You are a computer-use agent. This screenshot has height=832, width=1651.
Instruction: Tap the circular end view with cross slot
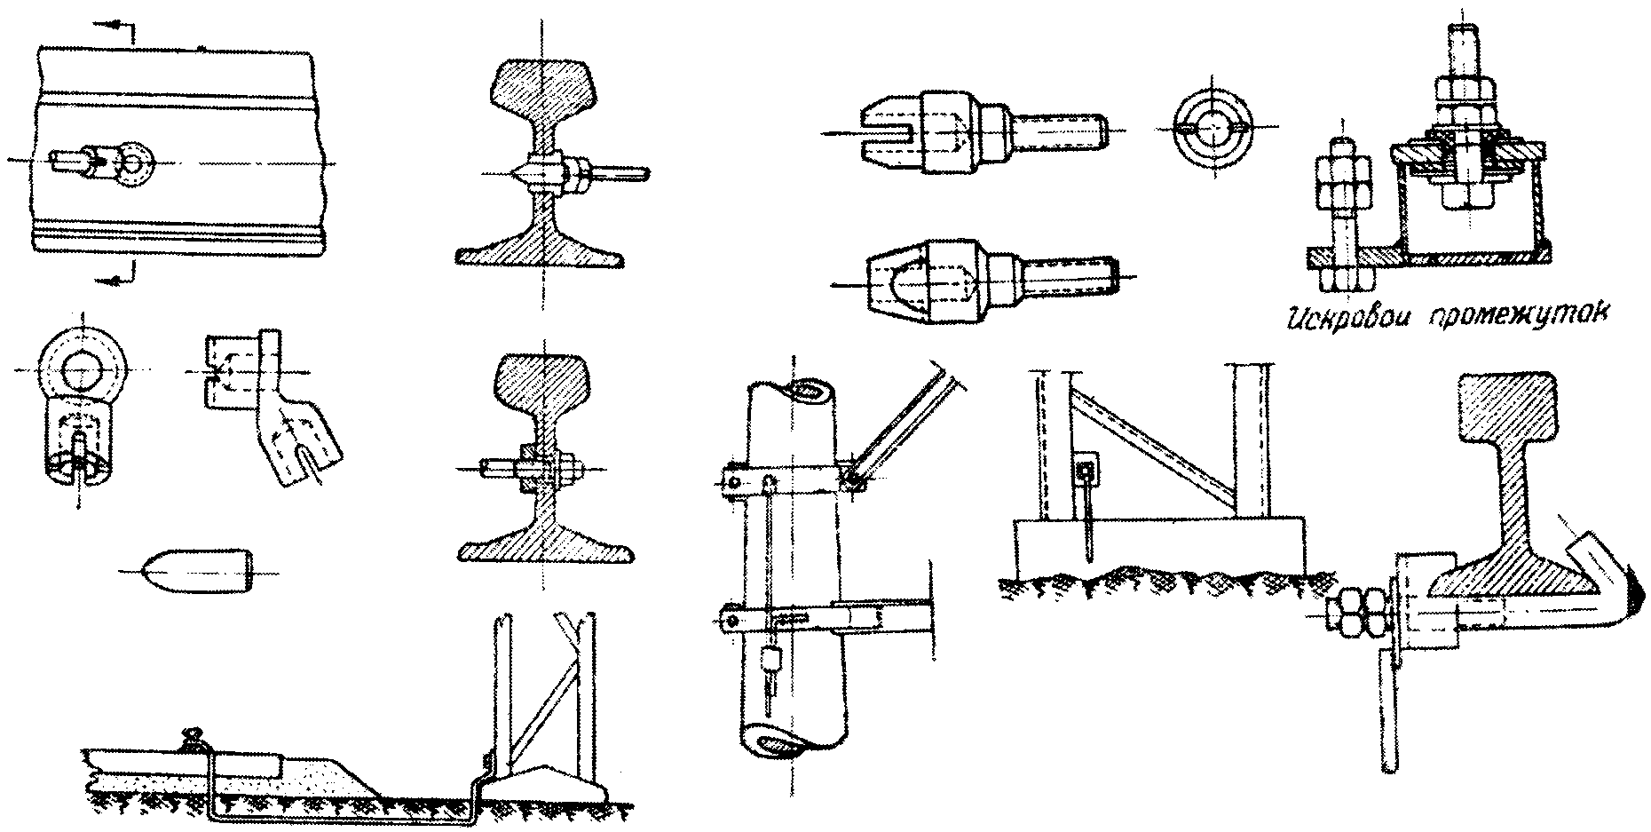click(1209, 129)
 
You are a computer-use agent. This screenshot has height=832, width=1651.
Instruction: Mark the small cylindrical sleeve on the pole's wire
click(770, 659)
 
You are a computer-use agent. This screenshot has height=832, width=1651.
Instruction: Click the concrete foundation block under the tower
click(1158, 543)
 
